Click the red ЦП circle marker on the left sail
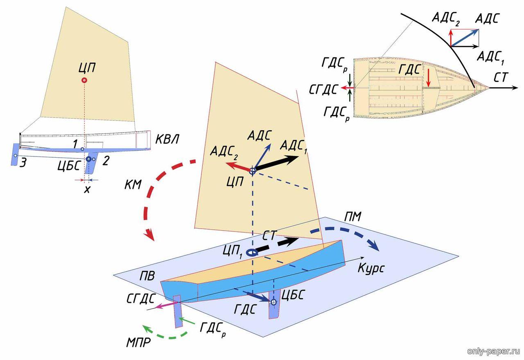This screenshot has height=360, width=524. (x=84, y=80)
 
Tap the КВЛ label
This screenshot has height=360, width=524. (x=166, y=140)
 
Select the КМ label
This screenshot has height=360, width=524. (x=133, y=184)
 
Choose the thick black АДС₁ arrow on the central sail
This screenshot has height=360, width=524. (x=277, y=163)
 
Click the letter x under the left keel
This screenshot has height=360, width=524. (x=86, y=190)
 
